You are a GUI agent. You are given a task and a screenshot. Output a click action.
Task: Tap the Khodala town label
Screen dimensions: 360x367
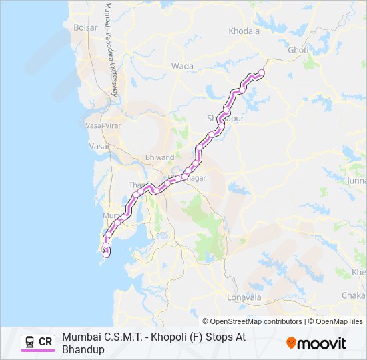(x=244, y=31)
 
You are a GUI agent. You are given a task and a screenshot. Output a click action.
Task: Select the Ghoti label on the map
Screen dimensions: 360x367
(x=298, y=50)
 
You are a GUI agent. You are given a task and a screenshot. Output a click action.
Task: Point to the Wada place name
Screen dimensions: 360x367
(x=182, y=66)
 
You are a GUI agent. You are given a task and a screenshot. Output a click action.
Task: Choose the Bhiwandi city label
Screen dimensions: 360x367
(x=161, y=157)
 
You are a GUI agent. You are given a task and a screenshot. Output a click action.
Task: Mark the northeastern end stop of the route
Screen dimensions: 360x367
(x=262, y=72)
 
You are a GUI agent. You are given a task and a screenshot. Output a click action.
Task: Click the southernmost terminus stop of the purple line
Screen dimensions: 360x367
(x=106, y=254)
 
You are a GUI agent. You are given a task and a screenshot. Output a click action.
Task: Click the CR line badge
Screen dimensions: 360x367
(x=39, y=342)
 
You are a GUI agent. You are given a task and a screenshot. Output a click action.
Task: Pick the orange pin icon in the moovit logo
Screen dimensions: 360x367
(x=291, y=343)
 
